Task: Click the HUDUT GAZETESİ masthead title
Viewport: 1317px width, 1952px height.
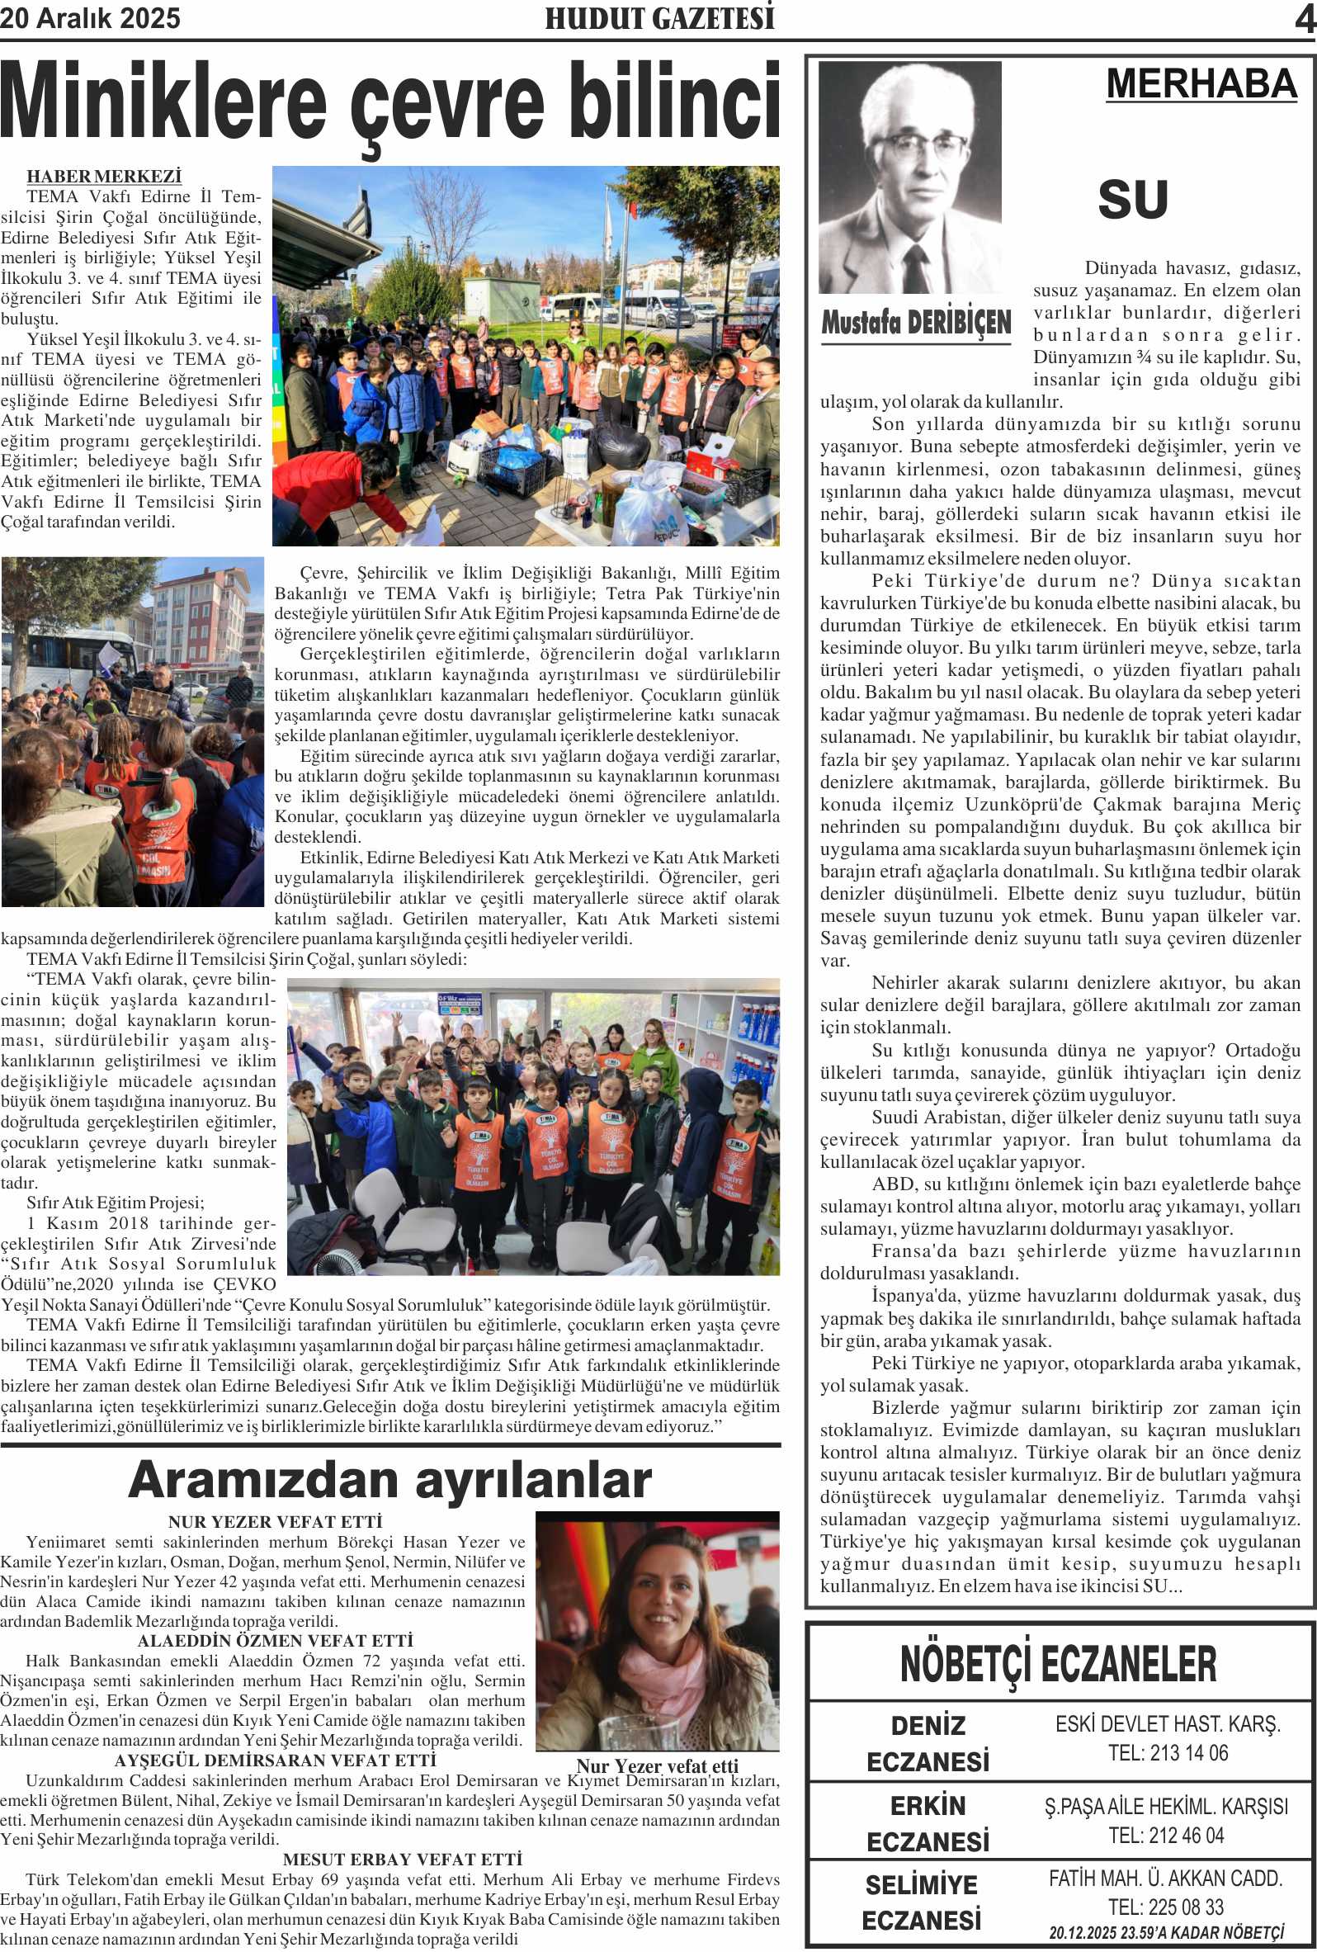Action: point(659,18)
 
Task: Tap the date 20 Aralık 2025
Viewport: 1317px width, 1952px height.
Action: point(90,18)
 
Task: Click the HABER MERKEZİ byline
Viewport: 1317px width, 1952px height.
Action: point(104,177)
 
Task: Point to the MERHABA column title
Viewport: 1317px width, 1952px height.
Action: point(1201,84)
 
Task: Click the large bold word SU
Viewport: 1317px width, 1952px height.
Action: point(1132,200)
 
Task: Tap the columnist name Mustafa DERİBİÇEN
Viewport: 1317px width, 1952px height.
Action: point(915,323)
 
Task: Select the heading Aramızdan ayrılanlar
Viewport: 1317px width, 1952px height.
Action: point(389,1479)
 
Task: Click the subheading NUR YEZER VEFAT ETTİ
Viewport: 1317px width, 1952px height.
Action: point(275,1522)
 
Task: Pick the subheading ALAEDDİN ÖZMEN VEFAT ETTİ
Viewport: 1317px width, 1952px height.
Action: point(276,1640)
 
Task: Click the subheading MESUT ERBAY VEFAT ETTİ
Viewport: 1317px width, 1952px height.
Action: point(403,1860)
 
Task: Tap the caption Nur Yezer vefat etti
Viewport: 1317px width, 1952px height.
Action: point(657,1765)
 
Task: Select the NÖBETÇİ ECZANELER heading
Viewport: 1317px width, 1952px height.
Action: point(1057,1664)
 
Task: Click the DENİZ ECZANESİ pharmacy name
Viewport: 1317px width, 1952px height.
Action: point(928,1744)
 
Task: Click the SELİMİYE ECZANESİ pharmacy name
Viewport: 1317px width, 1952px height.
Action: point(922,1902)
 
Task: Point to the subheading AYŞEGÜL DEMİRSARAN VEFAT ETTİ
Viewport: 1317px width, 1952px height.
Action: point(276,1760)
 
